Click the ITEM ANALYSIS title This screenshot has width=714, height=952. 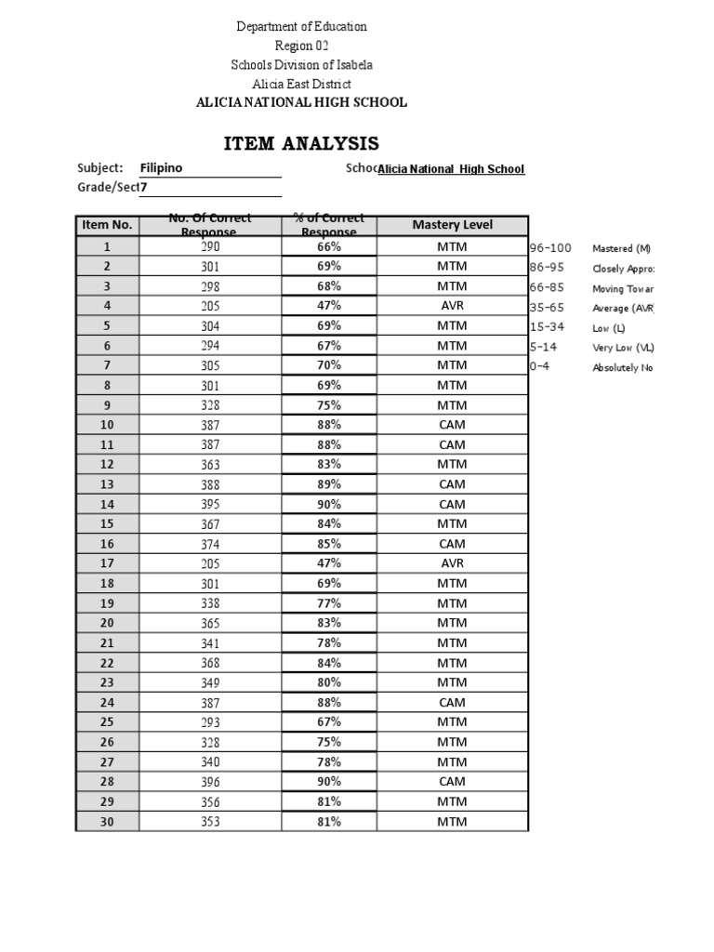pos(301,143)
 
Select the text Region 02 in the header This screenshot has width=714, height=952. pos(301,46)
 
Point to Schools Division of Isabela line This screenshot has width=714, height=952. pos(301,65)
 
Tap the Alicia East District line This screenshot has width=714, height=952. pos(301,84)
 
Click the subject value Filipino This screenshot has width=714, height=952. pos(161,168)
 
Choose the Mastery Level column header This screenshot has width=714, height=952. pos(452,225)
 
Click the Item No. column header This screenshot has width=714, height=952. pos(107,225)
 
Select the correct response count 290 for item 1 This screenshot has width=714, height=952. pos(210,247)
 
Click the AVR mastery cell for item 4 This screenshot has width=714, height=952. pos(452,306)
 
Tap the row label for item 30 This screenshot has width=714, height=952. pos(107,821)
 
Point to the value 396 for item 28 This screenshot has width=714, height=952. pos(210,782)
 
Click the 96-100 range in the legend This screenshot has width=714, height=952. pos(549,248)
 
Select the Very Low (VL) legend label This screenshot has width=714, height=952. pos(623,348)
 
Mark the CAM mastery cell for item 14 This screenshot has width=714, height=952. pos(452,504)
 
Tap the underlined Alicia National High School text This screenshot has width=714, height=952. pos(451,169)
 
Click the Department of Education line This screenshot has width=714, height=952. pos(301,27)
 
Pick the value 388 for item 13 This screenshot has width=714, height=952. pos(210,484)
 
